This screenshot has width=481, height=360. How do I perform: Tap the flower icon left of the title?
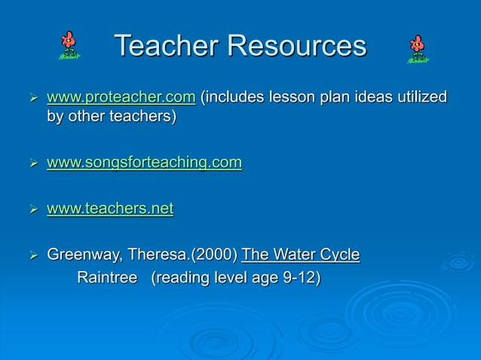coord(69,45)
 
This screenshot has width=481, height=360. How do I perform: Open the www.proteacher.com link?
coord(121,98)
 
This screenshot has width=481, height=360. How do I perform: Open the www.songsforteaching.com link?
coord(144,163)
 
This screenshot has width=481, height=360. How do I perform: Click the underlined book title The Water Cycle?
coord(300,256)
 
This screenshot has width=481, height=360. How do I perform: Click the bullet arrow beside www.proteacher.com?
coord(31,99)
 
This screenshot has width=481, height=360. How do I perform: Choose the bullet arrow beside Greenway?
coord(31,257)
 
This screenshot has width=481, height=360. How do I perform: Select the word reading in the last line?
coord(185,279)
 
